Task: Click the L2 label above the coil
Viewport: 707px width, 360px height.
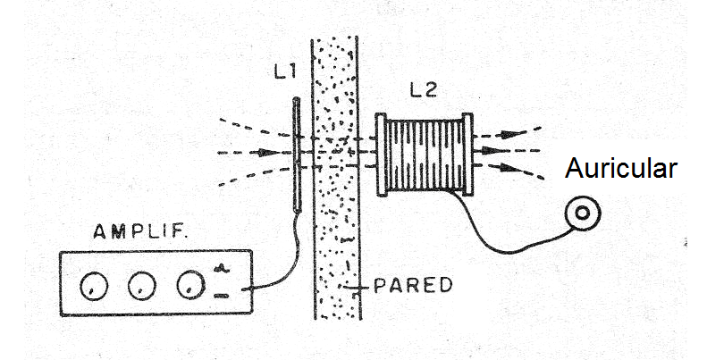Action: tap(424, 89)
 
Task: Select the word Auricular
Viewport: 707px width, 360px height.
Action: tap(620, 170)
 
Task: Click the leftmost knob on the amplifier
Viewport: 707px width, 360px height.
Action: tap(92, 287)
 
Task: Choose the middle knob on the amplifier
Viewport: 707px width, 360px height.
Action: tap(139, 287)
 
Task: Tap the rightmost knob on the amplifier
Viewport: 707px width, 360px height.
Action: tap(188, 286)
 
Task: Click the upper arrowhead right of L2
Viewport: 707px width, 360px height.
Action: tap(508, 134)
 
